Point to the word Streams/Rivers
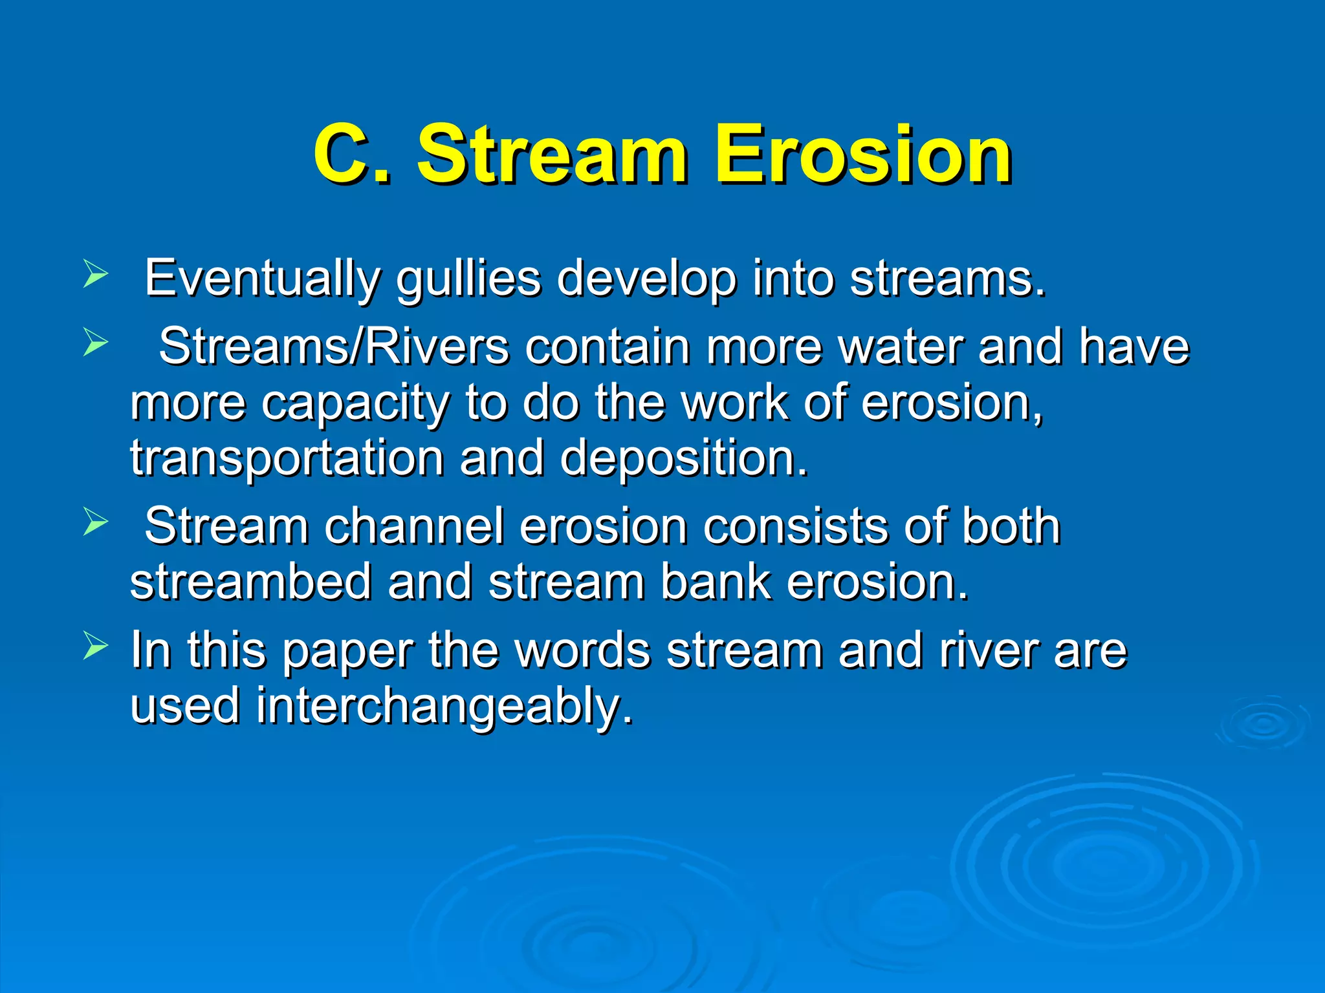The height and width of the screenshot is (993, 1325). [334, 347]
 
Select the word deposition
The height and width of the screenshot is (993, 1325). [684, 458]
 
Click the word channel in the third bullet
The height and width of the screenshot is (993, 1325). [414, 526]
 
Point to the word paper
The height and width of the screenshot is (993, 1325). [347, 650]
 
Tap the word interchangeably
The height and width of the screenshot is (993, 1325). [444, 706]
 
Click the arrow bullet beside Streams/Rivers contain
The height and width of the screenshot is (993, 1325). [95, 343]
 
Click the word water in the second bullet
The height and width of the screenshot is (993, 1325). [900, 347]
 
